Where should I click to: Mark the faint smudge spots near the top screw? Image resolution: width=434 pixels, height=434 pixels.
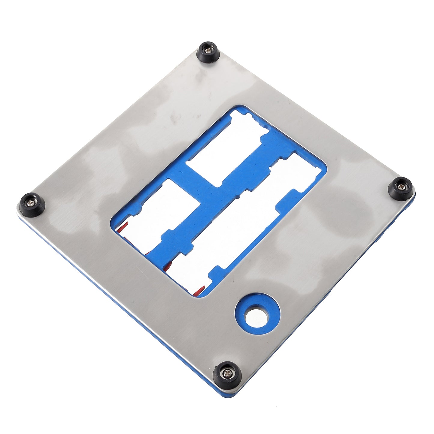click(174, 117)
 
